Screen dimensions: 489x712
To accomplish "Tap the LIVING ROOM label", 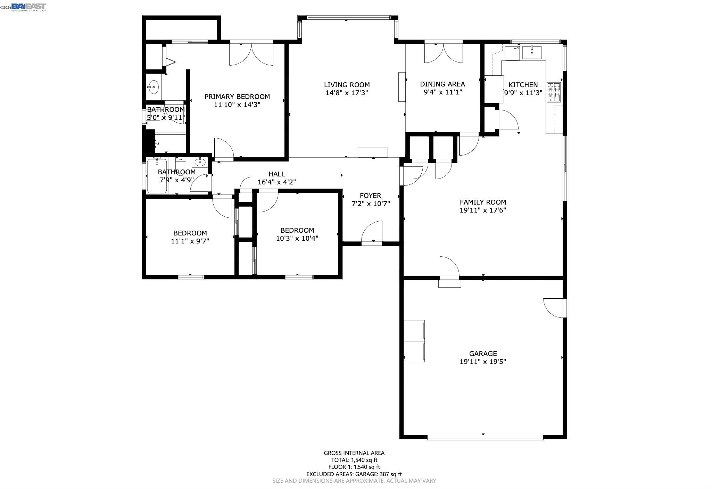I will click(346, 85).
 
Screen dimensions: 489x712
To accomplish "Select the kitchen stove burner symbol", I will click(554, 92).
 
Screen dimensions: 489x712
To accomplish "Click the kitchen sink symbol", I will click(532, 52).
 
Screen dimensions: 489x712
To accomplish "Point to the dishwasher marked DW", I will click(512, 53).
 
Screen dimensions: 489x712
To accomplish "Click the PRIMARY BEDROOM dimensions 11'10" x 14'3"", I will click(237, 105).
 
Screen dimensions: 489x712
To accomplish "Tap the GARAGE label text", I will click(483, 354).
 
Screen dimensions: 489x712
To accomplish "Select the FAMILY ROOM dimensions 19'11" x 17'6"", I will click(483, 210).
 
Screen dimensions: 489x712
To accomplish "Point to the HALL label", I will click(276, 174).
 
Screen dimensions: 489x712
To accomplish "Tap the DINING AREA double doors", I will click(444, 53).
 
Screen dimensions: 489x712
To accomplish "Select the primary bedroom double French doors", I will click(251, 54).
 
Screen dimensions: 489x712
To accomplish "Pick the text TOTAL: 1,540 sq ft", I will click(354, 460).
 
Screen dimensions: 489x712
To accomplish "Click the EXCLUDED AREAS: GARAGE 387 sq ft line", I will click(354, 474).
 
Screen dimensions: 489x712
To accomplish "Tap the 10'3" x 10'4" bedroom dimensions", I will click(297, 238).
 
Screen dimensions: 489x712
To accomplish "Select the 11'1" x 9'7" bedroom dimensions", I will click(190, 241).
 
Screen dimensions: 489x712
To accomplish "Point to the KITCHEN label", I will click(523, 85).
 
